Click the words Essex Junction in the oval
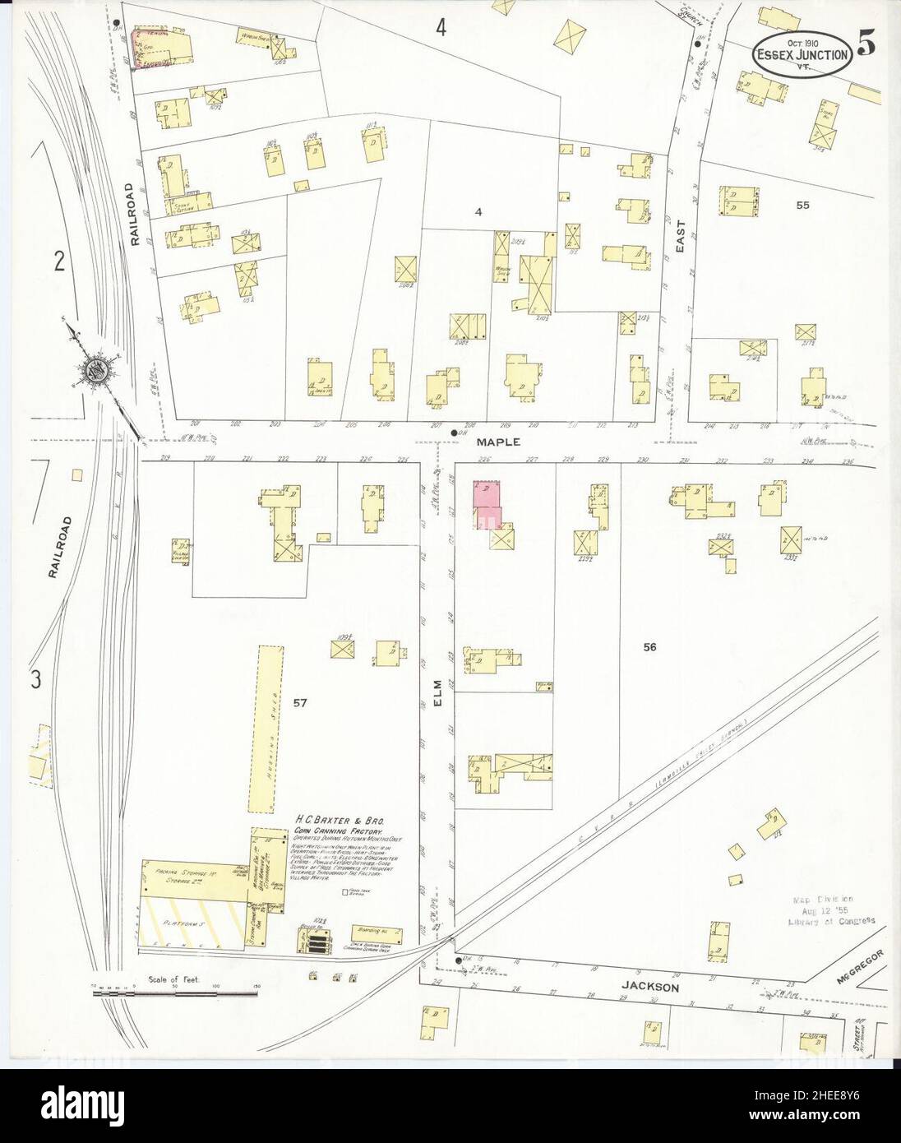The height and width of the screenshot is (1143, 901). tap(800, 56)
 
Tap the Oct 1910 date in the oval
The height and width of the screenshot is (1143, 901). tap(800, 41)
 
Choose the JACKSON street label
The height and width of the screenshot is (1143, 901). tap(658, 987)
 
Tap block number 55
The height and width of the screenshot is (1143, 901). tap(802, 205)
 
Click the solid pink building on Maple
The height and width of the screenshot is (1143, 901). tap(487, 505)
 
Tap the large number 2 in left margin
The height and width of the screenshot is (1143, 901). tap(58, 261)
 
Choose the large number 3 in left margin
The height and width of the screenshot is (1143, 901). tap(35, 679)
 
